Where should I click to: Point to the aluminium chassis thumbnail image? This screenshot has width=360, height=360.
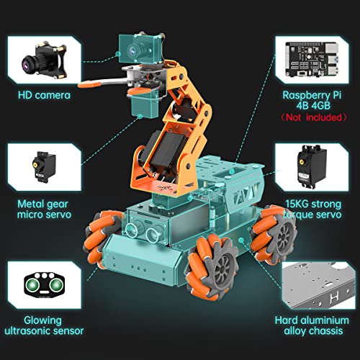(x=315, y=285)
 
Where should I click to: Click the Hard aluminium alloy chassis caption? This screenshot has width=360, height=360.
(x=315, y=325)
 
